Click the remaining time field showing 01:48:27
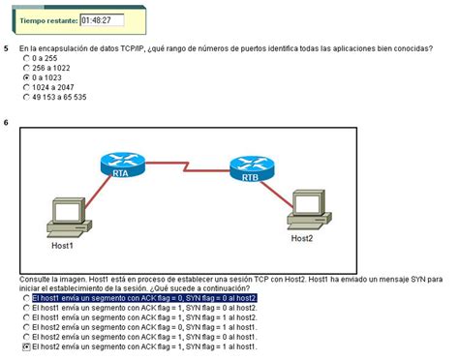coord(100,18)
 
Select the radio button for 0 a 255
coord(25,58)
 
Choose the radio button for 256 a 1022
coord(25,68)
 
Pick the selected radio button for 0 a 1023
coord(25,77)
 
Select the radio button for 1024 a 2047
coord(25,87)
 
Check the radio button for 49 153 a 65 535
coord(25,97)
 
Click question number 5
coord(7,47)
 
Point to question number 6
coord(7,123)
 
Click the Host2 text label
coord(302,238)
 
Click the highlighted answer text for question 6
coord(144,298)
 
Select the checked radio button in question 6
coord(25,345)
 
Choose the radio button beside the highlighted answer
coord(25,298)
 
